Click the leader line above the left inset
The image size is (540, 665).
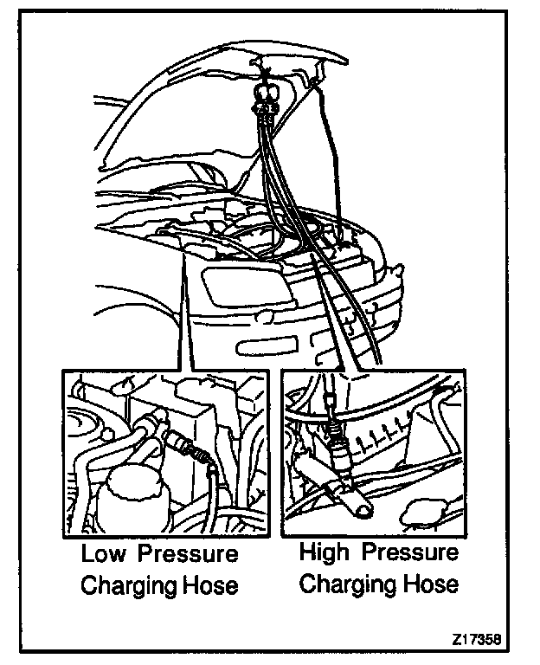[x=181, y=320]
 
